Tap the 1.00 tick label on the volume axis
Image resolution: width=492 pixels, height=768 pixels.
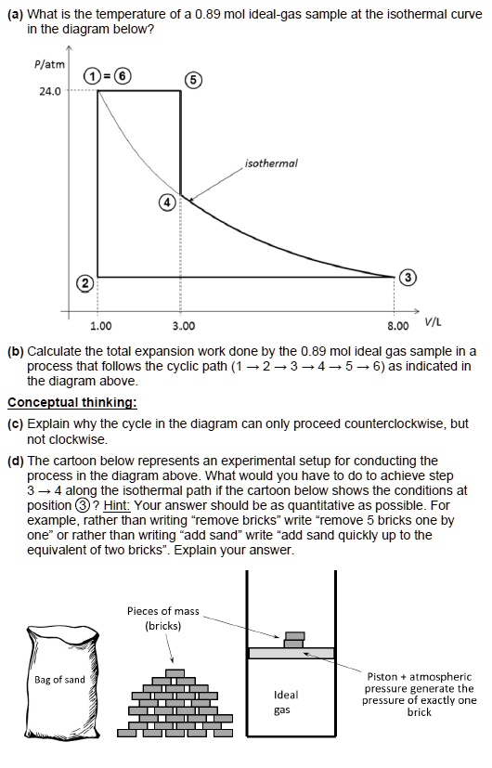[x=100, y=325]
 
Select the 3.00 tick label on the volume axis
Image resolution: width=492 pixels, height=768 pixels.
[x=183, y=325]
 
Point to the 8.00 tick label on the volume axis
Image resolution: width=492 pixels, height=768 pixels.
[x=397, y=325]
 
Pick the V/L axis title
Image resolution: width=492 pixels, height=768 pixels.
[x=433, y=322]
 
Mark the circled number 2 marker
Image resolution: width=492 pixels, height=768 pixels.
[x=84, y=281]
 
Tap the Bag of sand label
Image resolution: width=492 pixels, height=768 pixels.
[x=59, y=680]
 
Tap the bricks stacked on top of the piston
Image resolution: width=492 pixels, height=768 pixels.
[x=294, y=638]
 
